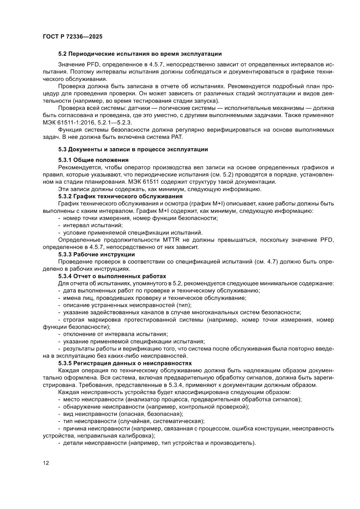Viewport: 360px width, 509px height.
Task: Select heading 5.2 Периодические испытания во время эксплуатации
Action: (140, 54)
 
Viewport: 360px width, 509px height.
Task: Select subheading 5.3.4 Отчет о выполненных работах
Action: (112, 276)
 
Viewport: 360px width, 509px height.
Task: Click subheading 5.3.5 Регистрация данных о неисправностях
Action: (124, 363)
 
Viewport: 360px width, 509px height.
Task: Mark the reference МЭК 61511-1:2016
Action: (71, 122)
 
